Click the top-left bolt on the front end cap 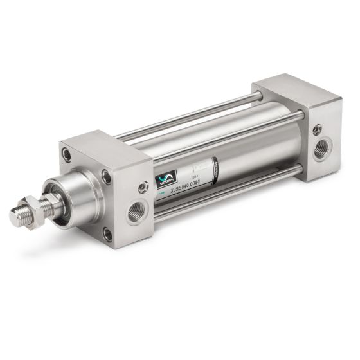66,154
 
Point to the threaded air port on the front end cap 135,212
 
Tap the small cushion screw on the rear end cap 316,130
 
